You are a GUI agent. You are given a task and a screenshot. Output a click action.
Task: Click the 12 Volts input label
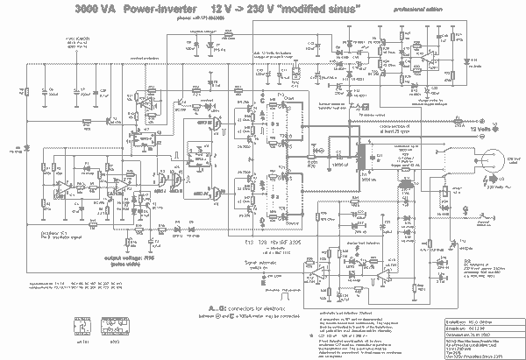click(x=480, y=128)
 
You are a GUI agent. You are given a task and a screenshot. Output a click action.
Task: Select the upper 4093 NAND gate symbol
click(x=210, y=124)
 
